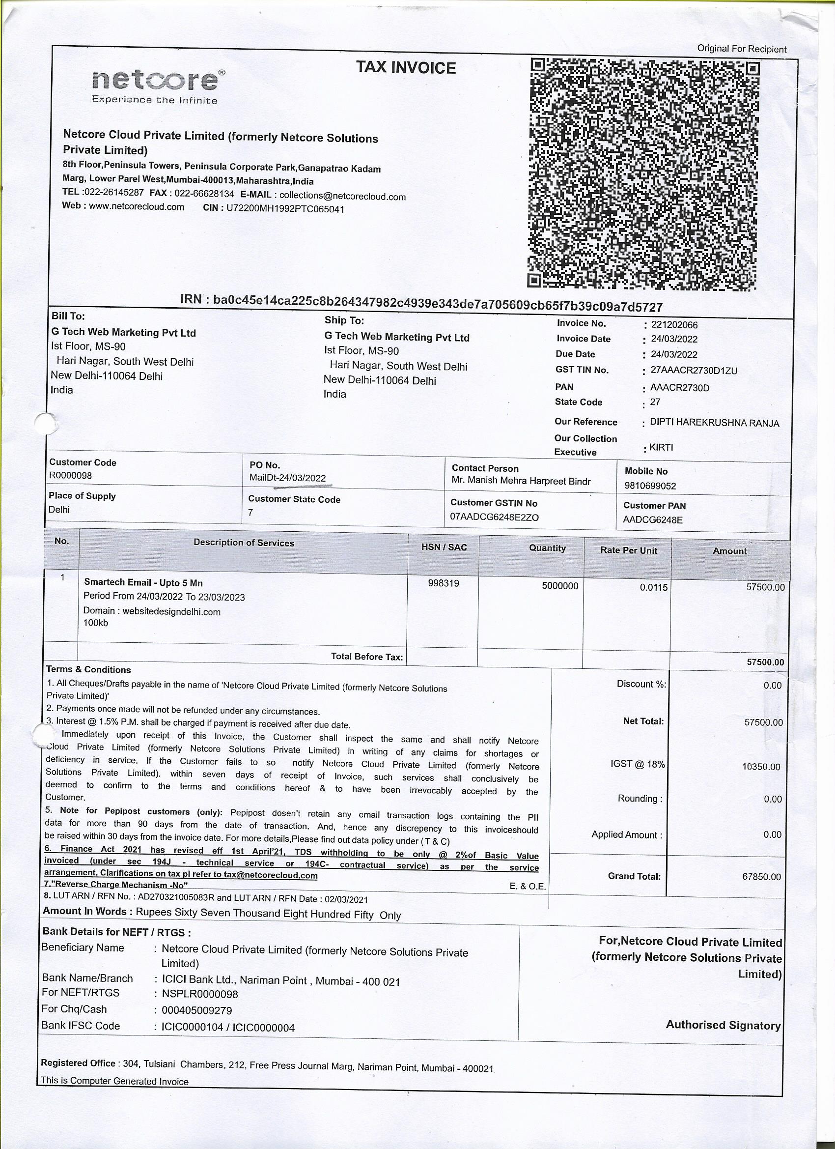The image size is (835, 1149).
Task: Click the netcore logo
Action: (158, 86)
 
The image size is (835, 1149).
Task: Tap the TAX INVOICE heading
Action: (406, 68)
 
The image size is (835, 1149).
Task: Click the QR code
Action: (643, 174)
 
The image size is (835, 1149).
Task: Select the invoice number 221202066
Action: (674, 325)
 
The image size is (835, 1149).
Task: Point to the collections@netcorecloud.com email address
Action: (342, 196)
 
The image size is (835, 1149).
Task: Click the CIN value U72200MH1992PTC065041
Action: (285, 208)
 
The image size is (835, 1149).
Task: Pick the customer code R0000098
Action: (70, 475)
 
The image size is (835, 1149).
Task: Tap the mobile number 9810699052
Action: (650, 486)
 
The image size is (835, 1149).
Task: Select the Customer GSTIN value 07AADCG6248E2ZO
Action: (494, 517)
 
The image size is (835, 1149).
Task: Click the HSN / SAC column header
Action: (444, 547)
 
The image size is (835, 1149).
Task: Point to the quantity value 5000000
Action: (559, 586)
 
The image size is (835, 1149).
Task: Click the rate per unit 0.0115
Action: (653, 587)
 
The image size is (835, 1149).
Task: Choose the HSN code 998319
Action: (443, 583)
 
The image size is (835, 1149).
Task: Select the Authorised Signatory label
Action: (723, 1024)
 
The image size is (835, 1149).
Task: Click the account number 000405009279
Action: (196, 1010)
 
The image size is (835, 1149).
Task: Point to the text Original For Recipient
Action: (741, 49)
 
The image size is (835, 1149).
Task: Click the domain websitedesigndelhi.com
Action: (171, 611)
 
